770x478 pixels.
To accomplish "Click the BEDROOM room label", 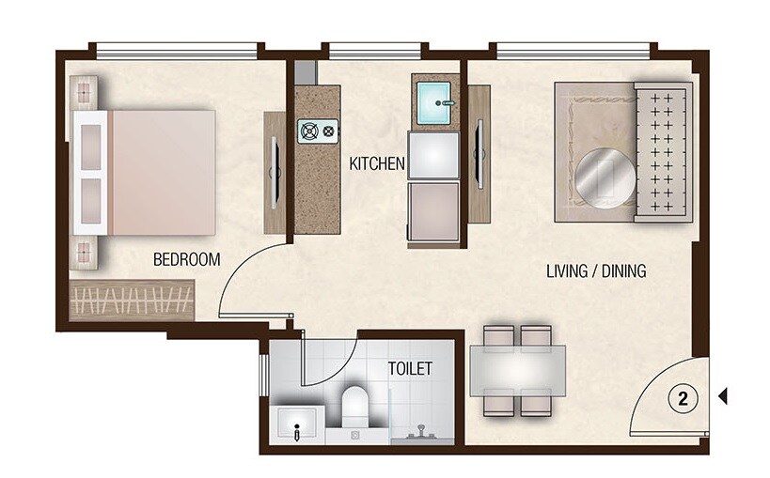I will pyautogui.click(x=186, y=259).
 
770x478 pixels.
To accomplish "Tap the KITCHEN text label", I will pyautogui.click(x=377, y=163).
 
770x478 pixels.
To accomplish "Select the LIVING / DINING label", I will pyautogui.click(x=596, y=271).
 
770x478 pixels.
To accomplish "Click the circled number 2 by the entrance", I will pyautogui.click(x=683, y=398).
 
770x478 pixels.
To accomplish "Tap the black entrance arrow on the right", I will pyautogui.click(x=722, y=397).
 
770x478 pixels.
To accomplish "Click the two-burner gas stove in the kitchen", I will pyautogui.click(x=317, y=131).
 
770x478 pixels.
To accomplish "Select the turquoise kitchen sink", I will pyautogui.click(x=433, y=98).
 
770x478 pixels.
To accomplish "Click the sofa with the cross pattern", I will pyautogui.click(x=664, y=152).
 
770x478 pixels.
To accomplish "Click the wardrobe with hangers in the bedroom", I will pyautogui.click(x=132, y=301).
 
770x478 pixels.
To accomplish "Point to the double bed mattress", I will pyautogui.click(x=162, y=172).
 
